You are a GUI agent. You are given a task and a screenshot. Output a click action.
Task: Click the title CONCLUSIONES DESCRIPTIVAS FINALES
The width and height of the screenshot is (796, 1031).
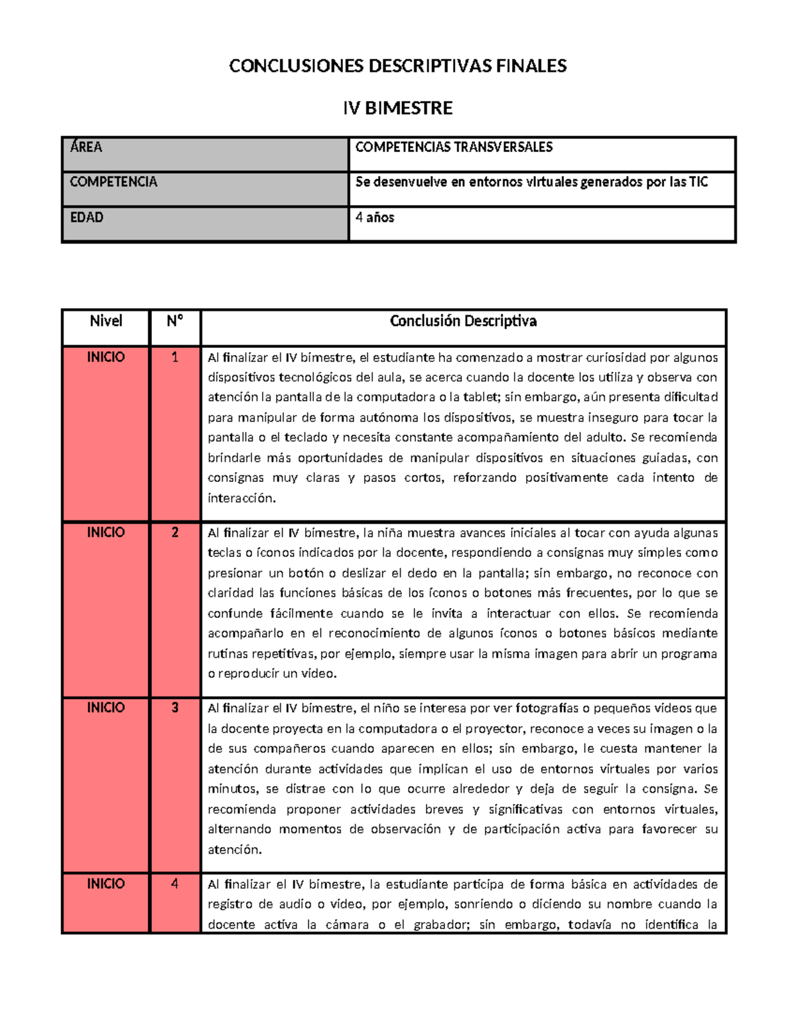click(397, 66)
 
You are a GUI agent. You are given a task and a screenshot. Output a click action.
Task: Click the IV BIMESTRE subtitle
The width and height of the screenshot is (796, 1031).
click(397, 108)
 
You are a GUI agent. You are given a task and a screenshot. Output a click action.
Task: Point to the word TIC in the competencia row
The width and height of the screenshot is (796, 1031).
click(698, 182)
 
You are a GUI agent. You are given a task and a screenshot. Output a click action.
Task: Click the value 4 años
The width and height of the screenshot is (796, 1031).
click(375, 218)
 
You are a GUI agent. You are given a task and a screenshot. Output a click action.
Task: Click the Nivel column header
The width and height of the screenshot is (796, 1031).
click(106, 321)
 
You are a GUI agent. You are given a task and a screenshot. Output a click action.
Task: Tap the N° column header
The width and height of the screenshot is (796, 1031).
click(174, 321)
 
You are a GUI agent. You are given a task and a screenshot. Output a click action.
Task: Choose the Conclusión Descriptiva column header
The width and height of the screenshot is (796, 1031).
click(463, 321)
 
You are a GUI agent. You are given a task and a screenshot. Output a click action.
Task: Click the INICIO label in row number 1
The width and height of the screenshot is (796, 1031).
click(106, 357)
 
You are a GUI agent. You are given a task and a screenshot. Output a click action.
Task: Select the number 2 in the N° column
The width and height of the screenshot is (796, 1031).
click(174, 532)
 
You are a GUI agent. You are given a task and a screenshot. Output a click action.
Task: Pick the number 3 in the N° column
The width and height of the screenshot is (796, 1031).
click(174, 708)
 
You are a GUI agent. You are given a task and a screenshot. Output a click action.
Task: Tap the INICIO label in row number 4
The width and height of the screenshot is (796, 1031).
click(106, 884)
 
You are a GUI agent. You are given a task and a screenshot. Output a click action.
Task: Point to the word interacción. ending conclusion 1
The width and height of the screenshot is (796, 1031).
click(241, 498)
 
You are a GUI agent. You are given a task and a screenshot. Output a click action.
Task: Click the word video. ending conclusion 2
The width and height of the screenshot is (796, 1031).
click(320, 673)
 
